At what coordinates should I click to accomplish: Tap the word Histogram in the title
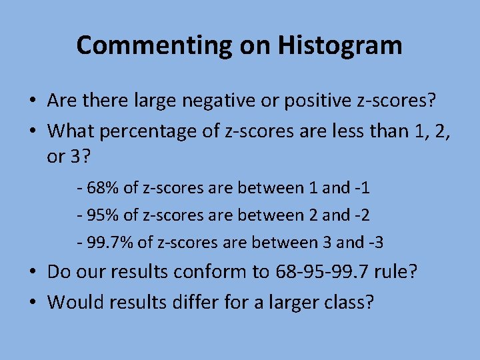tap(340, 45)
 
